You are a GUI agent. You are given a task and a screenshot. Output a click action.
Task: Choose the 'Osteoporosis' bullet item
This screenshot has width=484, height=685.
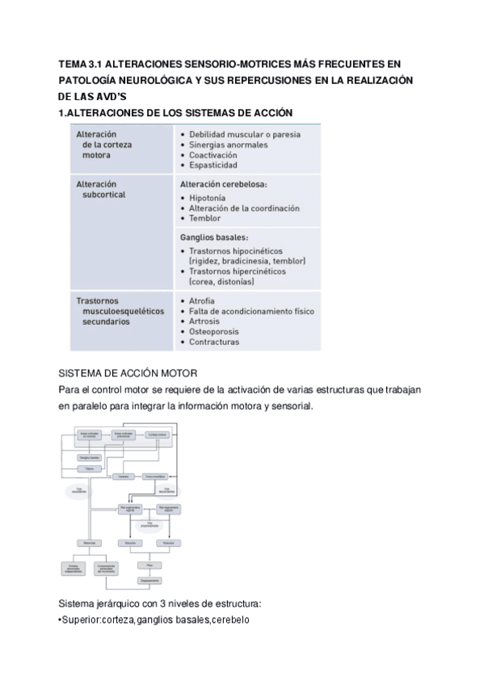pyautogui.click(x=217, y=331)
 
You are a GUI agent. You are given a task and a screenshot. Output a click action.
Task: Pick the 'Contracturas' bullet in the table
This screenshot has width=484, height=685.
pyautogui.click(x=214, y=342)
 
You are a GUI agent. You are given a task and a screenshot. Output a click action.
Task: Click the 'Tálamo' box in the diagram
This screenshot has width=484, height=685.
pyautogui.click(x=89, y=469)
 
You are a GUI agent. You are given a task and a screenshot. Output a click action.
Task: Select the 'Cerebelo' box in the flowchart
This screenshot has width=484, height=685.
pyautogui.click(x=124, y=477)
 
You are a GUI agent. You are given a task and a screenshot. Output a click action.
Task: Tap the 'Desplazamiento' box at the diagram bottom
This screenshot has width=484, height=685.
pyautogui.click(x=150, y=579)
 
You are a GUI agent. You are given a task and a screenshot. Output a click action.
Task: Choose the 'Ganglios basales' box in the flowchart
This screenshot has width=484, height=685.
pyautogui.click(x=89, y=456)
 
